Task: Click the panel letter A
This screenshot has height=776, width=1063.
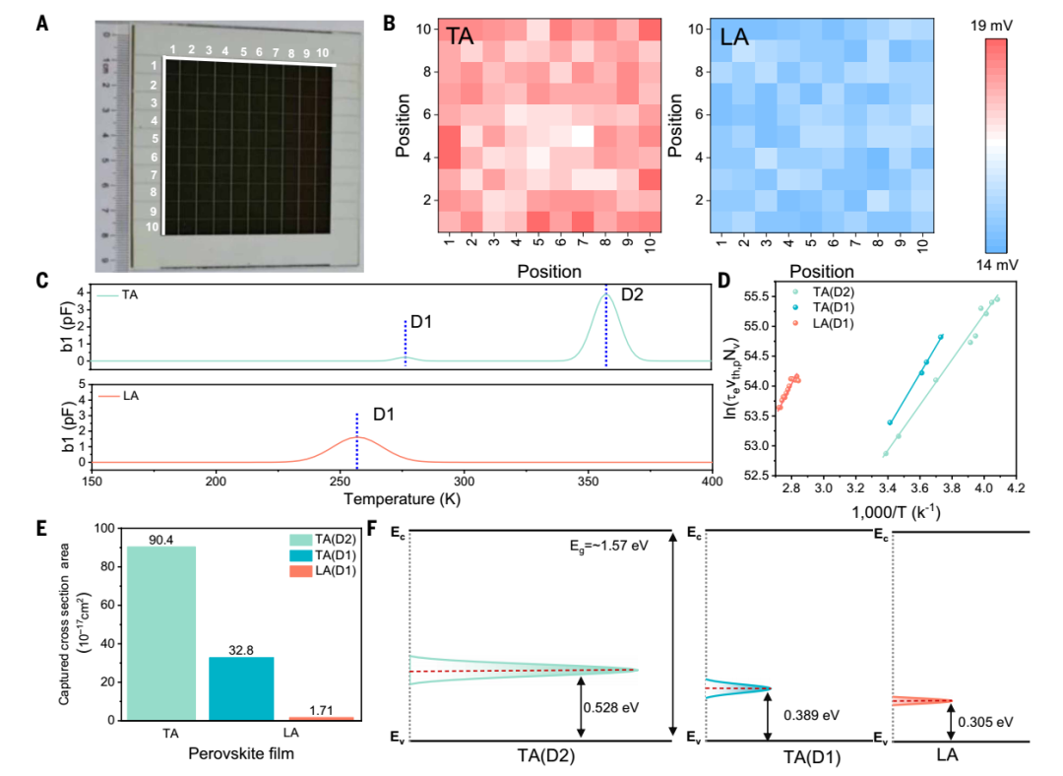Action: (x=41, y=21)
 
